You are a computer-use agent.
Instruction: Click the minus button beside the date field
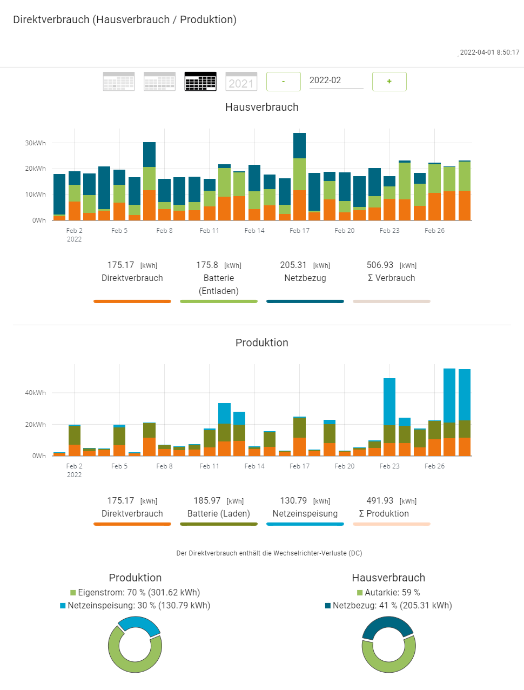tap(283, 82)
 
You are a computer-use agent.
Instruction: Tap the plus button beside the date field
tap(389, 82)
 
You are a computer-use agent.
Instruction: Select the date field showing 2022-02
tap(335, 81)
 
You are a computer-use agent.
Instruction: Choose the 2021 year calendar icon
tap(241, 82)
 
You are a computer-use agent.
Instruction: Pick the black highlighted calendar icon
tap(200, 82)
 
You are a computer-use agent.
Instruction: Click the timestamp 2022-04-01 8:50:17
tap(489, 52)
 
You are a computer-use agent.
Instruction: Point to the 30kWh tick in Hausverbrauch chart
tap(36, 143)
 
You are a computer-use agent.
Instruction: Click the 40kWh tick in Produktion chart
tap(36, 393)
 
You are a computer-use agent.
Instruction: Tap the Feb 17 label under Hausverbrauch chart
tap(299, 231)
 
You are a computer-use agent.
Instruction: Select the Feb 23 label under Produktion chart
tap(389, 466)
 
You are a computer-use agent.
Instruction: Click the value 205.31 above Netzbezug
tap(293, 265)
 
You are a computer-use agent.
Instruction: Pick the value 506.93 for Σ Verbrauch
tap(380, 265)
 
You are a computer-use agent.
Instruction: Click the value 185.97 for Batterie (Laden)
tap(207, 501)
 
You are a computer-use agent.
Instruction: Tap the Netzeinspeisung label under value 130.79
tap(305, 514)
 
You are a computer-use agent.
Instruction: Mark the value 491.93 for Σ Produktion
tap(380, 501)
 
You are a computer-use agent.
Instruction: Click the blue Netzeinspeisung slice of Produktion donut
tap(138, 624)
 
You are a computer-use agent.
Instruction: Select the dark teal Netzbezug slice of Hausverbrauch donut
tap(387, 625)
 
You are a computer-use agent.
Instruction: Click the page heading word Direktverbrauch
tap(51, 20)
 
